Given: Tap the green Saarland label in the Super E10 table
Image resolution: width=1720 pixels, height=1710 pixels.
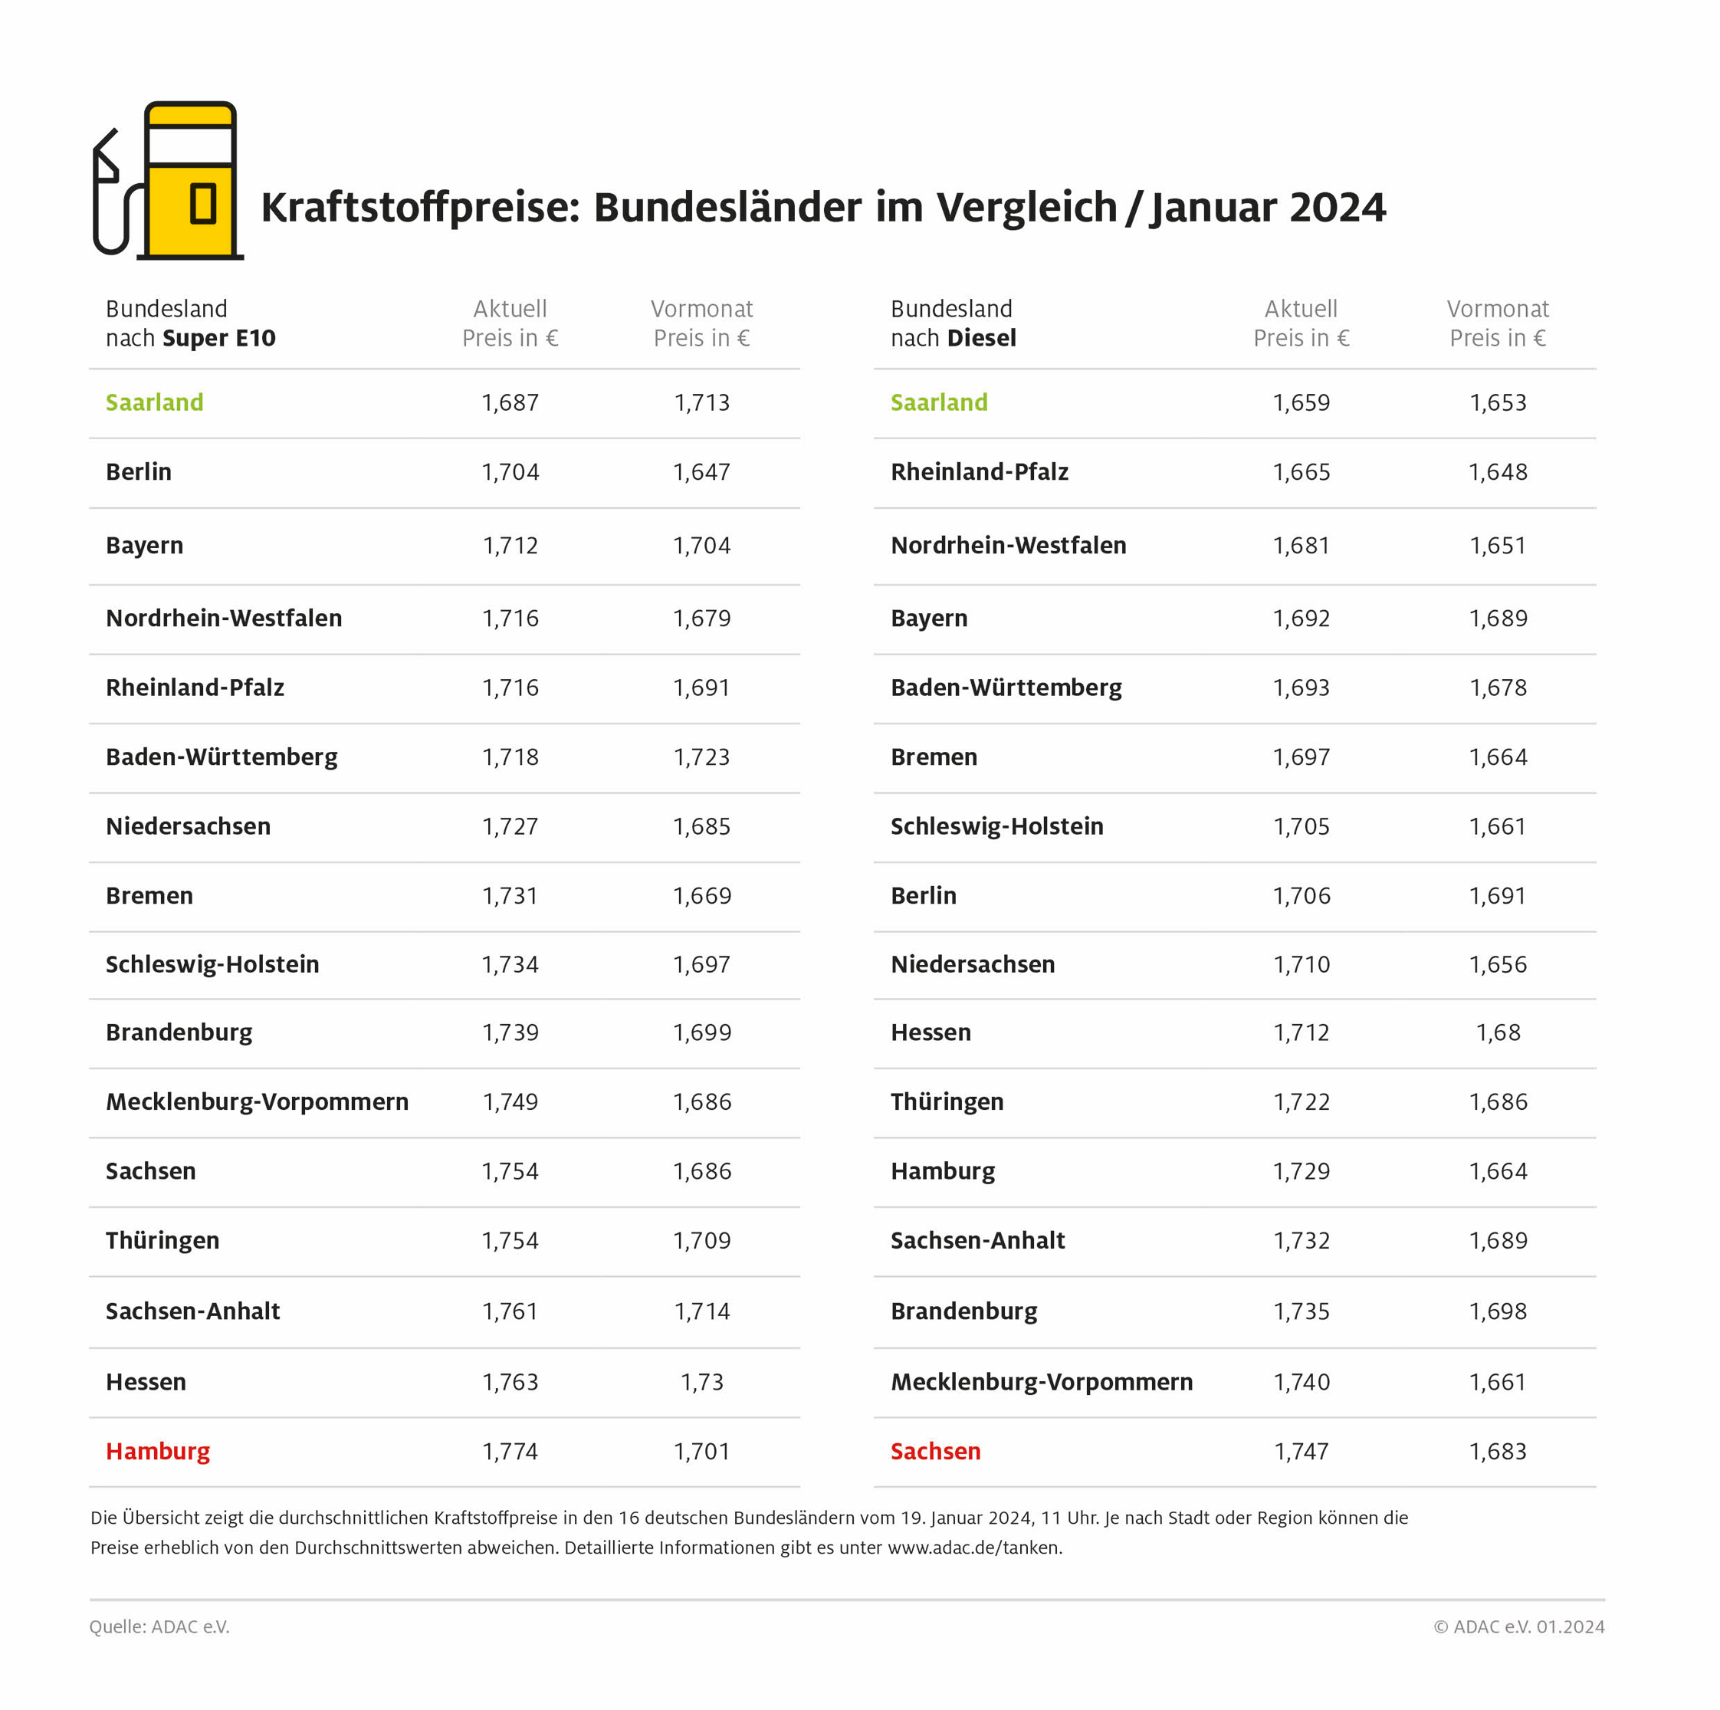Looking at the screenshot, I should coord(154,402).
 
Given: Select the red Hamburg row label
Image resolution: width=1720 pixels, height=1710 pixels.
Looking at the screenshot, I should coord(158,1451).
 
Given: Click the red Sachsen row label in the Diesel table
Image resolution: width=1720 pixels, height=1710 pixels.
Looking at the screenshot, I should coord(935,1451).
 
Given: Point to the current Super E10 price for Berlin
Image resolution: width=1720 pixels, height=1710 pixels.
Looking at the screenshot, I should coord(510,472).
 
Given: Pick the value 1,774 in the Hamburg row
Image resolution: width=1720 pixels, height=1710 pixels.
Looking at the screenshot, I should coord(510,1451).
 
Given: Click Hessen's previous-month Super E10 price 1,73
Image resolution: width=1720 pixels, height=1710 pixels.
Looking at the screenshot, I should coord(701,1381).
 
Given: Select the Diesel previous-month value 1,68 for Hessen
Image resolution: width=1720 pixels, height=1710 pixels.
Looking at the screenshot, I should coord(1498,1032).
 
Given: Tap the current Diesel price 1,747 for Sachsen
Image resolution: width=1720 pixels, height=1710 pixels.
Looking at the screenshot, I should coord(1301,1451).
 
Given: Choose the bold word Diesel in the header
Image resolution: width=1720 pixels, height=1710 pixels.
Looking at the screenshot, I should coord(981,338).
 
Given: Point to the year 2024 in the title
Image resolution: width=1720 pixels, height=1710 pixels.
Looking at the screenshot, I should coord(1338,208).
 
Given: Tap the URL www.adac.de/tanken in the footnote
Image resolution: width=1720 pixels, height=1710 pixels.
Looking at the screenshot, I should coord(974,1547).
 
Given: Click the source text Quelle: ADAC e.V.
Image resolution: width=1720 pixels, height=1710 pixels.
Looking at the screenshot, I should coord(159,1626).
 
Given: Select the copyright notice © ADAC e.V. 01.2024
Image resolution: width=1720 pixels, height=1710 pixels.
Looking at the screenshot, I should coord(1519,1626).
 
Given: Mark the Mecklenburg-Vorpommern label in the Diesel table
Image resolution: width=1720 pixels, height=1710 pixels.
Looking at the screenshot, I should coord(1042,1381).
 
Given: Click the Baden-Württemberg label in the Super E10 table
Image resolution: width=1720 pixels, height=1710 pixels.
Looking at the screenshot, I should coord(222,757).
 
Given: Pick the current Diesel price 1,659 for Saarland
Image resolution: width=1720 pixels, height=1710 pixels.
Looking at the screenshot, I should coord(1301,402).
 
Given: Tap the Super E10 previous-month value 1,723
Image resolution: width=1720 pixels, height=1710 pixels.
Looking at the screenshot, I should coord(701,757).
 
